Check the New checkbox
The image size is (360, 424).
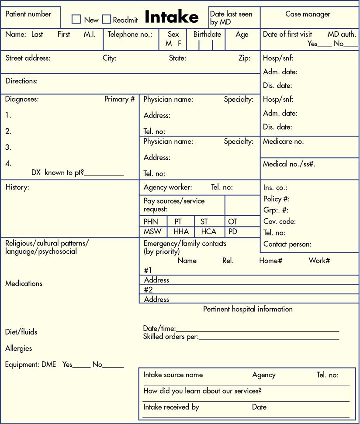[x=76, y=19]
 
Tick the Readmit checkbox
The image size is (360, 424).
[x=106, y=19]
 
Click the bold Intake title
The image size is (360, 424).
[x=171, y=17]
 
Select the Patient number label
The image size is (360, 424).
[x=28, y=14]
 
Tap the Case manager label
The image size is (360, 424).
[x=308, y=14]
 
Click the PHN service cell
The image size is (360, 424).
[x=151, y=221]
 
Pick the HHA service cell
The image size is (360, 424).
[x=181, y=232]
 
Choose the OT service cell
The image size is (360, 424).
[x=233, y=221]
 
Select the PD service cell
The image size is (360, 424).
[x=233, y=232]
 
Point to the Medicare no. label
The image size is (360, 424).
[x=283, y=141]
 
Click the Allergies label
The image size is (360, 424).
[x=19, y=348]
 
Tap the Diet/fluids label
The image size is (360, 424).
[x=21, y=332]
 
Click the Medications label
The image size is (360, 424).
[x=24, y=283]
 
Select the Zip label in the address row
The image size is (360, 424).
[x=244, y=58]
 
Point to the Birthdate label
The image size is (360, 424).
[x=207, y=34]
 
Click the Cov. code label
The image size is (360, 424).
[x=280, y=221]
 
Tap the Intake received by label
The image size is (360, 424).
[x=171, y=407]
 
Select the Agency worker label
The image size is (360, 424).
[x=168, y=187]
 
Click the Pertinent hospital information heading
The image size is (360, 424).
[x=248, y=309]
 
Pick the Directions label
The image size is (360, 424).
[x=21, y=81]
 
